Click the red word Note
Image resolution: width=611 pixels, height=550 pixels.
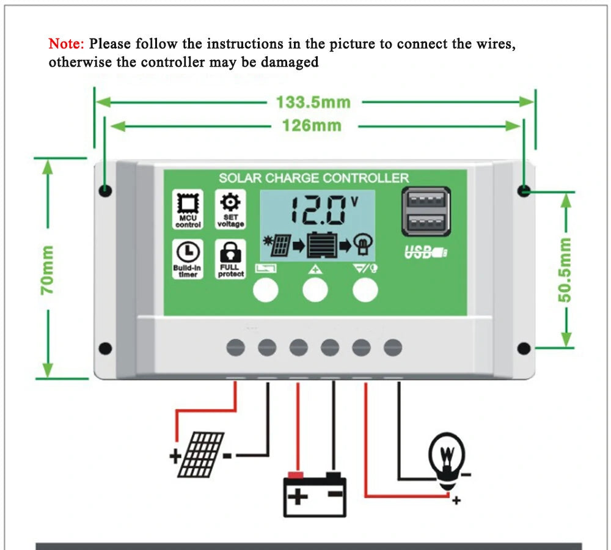click(x=67, y=44)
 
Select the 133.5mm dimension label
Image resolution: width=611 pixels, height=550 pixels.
click(x=313, y=102)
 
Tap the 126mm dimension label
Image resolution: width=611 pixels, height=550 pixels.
click(x=312, y=125)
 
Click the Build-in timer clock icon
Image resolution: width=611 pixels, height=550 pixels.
click(x=188, y=252)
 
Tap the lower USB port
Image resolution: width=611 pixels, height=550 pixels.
click(x=426, y=222)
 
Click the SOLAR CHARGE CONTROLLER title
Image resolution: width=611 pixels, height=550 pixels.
click(x=313, y=178)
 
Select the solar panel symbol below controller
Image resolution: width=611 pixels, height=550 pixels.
click(x=200, y=455)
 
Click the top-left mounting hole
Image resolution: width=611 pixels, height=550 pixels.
click(x=106, y=190)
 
